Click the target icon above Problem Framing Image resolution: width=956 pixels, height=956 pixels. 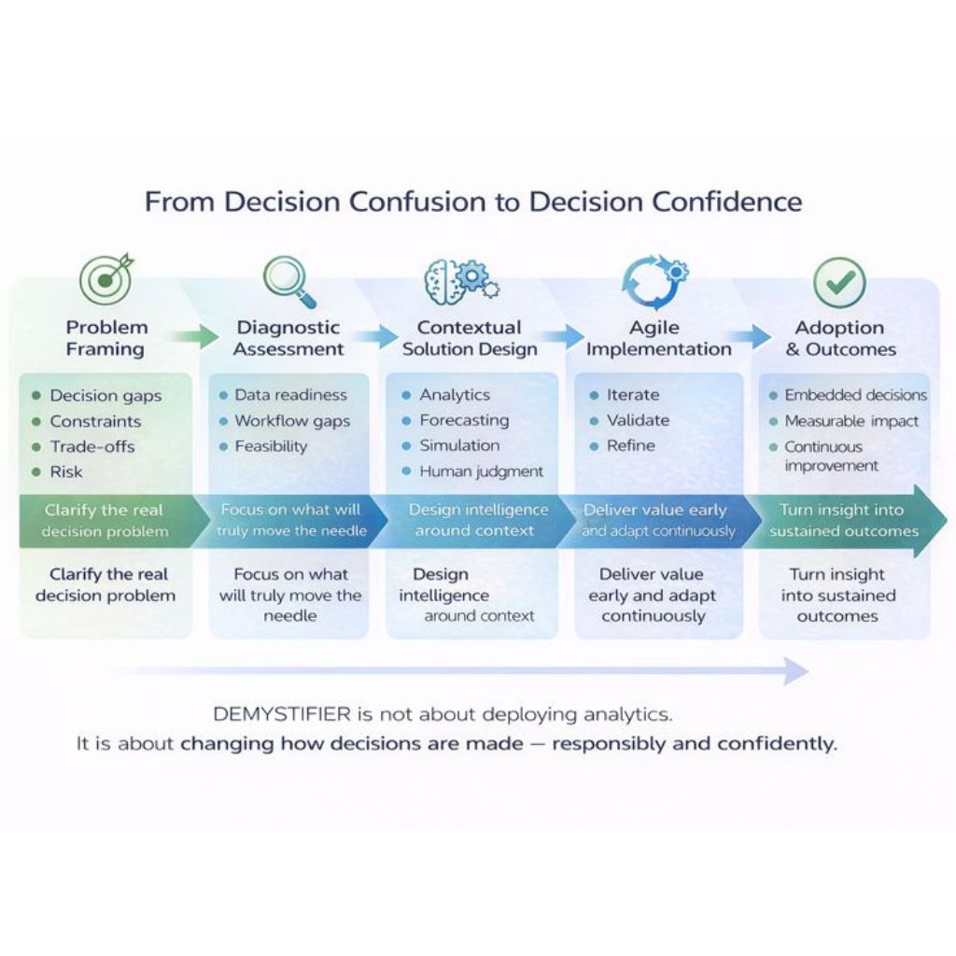click(105, 278)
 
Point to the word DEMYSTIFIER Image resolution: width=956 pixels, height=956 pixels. click(282, 715)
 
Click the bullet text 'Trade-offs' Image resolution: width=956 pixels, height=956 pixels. click(92, 446)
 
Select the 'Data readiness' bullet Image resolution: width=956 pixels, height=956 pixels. click(290, 395)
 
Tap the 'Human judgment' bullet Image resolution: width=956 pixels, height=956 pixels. click(481, 471)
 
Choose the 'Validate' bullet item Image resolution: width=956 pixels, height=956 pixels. click(638, 420)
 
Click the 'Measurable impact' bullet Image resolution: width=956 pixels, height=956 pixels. click(851, 421)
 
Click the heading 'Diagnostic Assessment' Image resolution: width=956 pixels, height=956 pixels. click(288, 338)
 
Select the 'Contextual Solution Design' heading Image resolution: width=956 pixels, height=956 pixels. click(470, 338)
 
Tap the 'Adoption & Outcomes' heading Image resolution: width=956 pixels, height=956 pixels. click(839, 338)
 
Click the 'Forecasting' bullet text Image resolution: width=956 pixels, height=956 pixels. click(464, 420)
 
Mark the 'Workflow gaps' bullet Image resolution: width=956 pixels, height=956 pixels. click(292, 421)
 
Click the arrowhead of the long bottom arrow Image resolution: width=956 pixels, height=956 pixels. click(796, 670)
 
